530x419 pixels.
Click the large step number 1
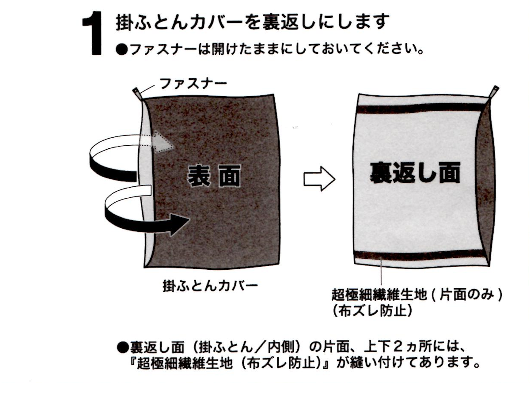tap(93, 33)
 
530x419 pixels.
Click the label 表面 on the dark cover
tap(214, 176)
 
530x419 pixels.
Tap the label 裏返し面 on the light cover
tap(415, 173)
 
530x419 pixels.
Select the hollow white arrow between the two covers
tap(319, 179)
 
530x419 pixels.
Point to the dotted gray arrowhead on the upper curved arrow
tap(164, 141)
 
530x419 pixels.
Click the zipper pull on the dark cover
tap(137, 94)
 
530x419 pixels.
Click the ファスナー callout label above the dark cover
tap(193, 84)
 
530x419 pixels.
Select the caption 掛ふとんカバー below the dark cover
tap(210, 286)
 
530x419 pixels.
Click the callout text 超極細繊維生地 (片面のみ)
tap(416, 295)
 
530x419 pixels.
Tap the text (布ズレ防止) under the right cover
tap(372, 311)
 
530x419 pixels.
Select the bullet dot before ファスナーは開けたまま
tap(121, 50)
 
